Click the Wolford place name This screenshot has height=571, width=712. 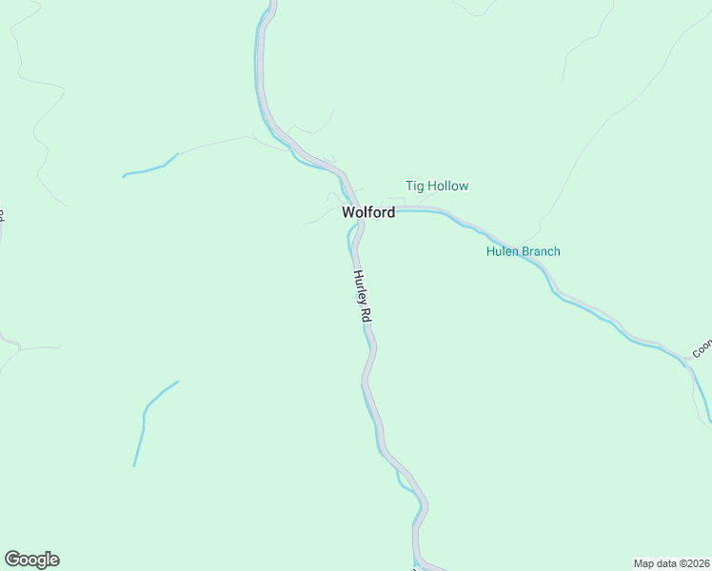click(x=368, y=213)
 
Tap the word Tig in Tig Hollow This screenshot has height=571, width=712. click(x=415, y=187)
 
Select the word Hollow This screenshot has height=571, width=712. click(x=448, y=187)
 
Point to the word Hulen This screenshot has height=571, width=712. click(x=502, y=252)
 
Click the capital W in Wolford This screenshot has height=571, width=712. click(x=348, y=213)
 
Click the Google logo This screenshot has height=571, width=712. click(x=31, y=560)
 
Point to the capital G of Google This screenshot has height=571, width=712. click(x=12, y=560)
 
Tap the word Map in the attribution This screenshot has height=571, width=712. click(x=644, y=562)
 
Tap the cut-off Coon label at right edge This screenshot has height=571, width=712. click(x=702, y=349)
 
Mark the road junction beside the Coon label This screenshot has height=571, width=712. click(x=687, y=362)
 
